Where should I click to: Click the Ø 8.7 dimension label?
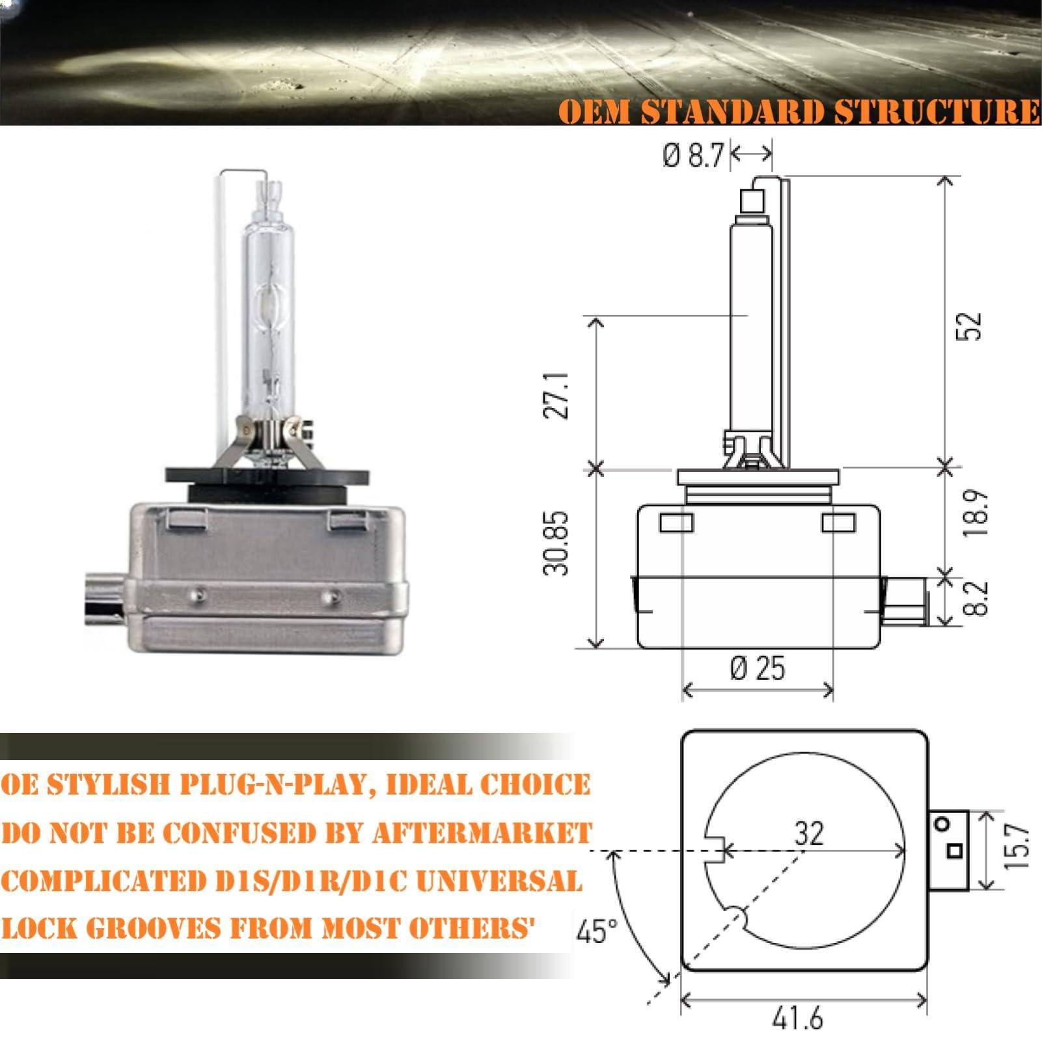click(694, 156)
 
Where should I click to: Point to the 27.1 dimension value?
click(556, 395)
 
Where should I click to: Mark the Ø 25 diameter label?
click(758, 668)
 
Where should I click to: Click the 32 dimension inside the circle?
click(809, 834)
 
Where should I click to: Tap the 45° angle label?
click(596, 931)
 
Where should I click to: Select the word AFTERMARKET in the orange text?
click(482, 833)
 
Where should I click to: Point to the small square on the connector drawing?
click(954, 851)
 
